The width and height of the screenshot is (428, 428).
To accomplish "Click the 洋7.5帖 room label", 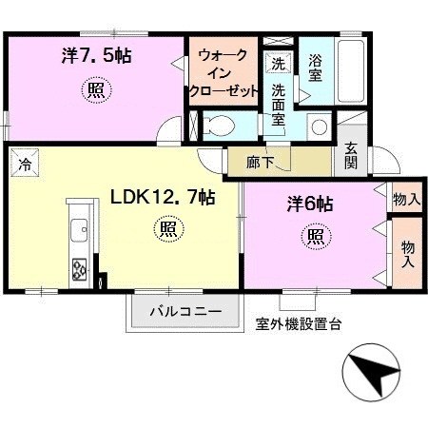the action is [x=96, y=56].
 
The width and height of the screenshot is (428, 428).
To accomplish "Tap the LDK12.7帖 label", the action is [x=163, y=198].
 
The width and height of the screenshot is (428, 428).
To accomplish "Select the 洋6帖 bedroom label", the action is [x=310, y=204].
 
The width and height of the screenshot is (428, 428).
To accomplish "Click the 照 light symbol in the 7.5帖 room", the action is [x=96, y=90].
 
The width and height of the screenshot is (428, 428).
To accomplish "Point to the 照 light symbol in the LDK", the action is [x=169, y=228].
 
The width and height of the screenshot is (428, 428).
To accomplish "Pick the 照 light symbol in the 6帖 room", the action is [x=316, y=236].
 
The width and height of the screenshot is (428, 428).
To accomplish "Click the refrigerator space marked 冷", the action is [x=25, y=163].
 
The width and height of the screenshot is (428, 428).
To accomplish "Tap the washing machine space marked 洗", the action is [x=278, y=64].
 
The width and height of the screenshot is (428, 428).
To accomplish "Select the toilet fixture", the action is [x=219, y=126].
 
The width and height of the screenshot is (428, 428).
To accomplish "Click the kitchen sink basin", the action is [x=79, y=230].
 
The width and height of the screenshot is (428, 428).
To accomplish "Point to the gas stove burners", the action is [x=79, y=269].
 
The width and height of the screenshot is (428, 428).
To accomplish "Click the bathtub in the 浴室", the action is [x=351, y=71].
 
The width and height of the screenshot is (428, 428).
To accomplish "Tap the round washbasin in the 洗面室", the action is [x=319, y=126].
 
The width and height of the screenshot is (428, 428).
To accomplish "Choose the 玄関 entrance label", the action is [x=351, y=155].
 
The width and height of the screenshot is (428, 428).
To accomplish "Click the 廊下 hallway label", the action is [x=261, y=163].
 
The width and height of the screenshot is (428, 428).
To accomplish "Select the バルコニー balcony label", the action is [x=185, y=311].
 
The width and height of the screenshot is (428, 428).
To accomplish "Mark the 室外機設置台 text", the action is [x=298, y=324].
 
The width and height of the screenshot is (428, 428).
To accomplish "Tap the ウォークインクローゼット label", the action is [x=224, y=73].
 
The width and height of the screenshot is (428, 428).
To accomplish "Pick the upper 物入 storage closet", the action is [x=407, y=199].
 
